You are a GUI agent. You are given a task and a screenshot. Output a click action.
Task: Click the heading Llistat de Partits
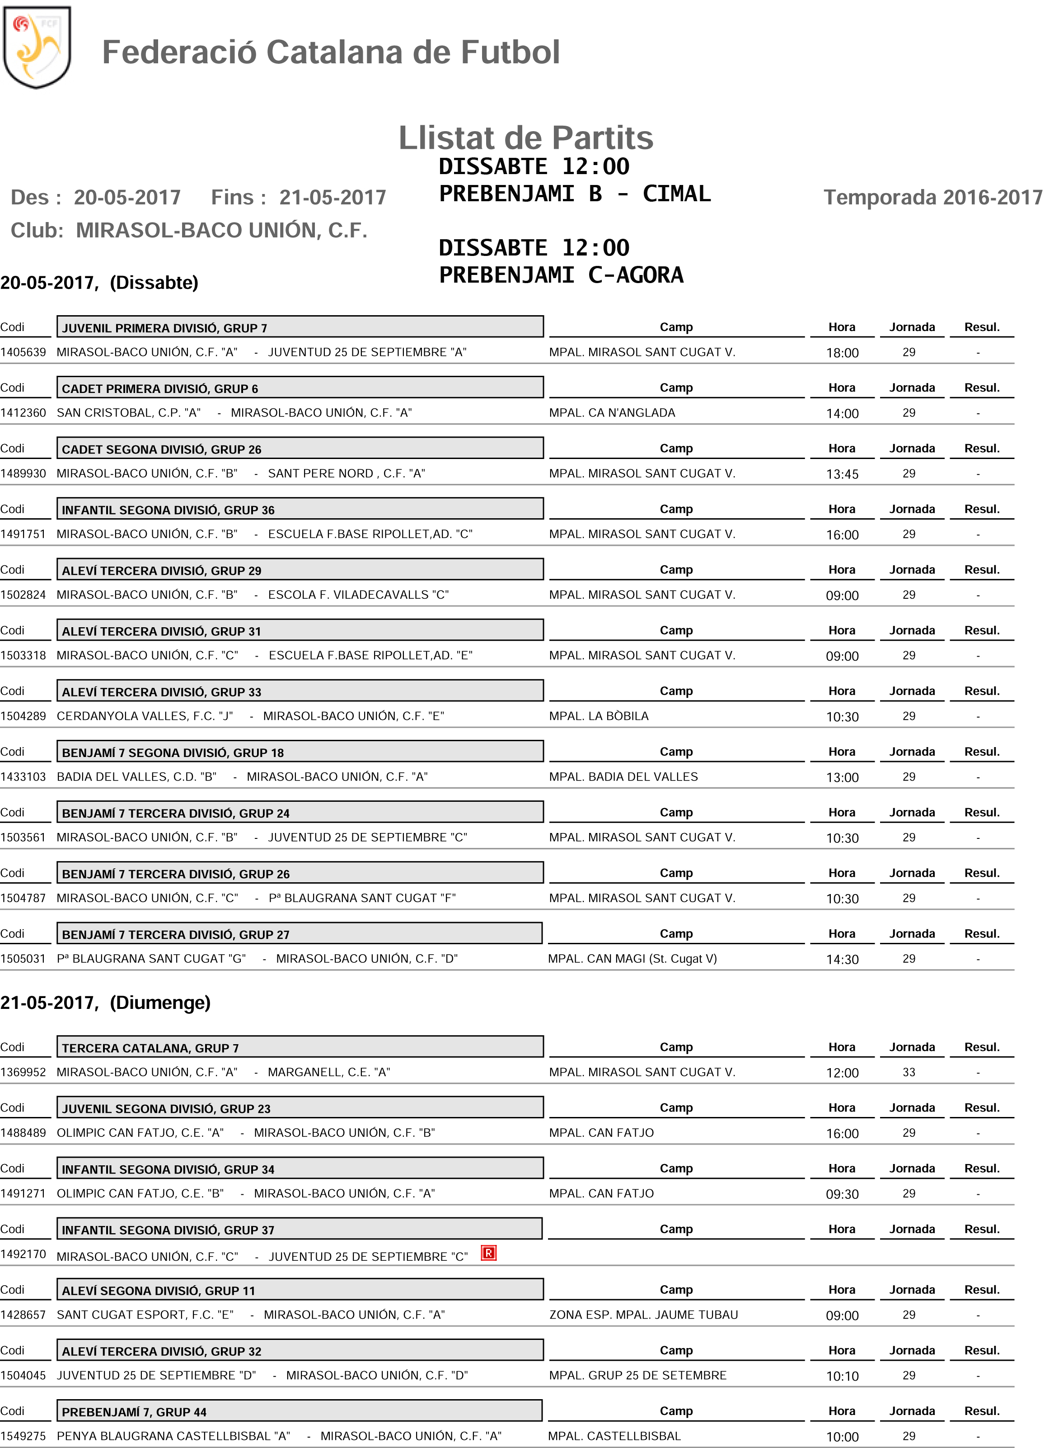526,138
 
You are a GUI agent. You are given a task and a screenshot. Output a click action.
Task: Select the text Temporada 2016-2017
933,197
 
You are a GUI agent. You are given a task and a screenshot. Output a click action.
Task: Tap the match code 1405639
23,352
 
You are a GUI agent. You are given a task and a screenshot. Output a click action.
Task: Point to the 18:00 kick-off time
842,353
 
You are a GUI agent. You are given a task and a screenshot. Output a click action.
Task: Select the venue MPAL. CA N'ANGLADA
612,413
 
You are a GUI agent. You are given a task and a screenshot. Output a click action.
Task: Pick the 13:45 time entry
842,474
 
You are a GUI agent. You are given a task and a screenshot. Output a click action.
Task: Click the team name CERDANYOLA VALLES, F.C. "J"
145,716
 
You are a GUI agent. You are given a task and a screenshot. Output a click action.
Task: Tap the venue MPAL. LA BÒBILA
599,716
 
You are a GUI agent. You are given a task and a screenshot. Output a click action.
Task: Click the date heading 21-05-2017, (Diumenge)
105,1003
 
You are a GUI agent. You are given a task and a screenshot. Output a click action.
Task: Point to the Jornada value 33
909,1073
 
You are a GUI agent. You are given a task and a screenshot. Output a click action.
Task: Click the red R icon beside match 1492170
489,1253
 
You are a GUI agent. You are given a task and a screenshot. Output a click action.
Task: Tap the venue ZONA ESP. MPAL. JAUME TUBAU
643,1315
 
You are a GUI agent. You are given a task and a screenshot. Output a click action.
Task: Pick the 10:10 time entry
842,1377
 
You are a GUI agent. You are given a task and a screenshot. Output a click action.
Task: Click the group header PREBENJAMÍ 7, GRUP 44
134,1412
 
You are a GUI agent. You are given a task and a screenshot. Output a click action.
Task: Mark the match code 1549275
23,1437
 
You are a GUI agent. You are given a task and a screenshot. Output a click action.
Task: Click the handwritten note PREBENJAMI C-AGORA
561,275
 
